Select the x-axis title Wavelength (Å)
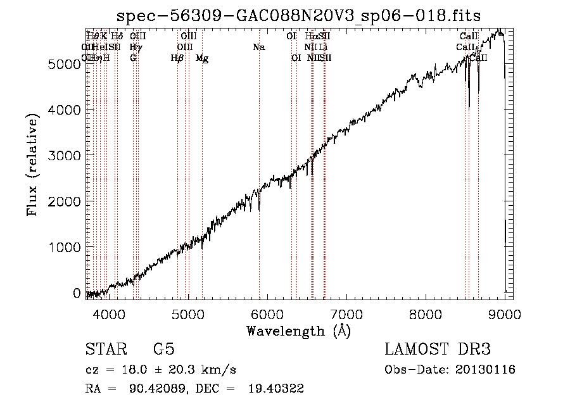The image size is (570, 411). pos(298,331)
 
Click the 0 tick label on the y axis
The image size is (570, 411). pos(76,293)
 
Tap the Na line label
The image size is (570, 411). pos(258,47)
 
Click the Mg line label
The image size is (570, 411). pos(202,58)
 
